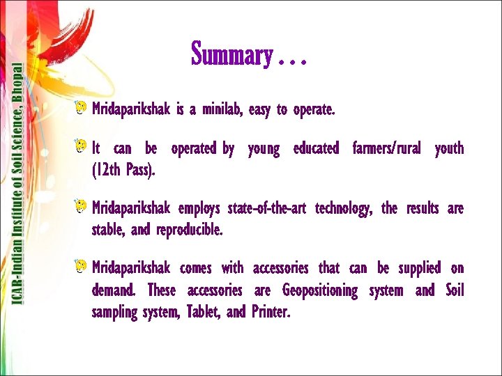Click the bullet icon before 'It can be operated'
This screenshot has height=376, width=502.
pos(82,147)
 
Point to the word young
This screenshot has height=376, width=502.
pos(264,149)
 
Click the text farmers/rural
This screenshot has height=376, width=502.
pos(387,149)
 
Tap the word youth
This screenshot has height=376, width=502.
pos(448,149)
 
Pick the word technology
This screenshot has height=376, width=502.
pos(344,209)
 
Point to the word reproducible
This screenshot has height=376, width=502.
pos(190,230)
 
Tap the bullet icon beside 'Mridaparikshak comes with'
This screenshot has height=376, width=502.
pos(82,267)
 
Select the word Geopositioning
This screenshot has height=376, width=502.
pos(319,290)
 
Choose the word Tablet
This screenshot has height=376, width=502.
pos(203,313)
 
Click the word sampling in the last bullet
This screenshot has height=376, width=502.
pos(114,313)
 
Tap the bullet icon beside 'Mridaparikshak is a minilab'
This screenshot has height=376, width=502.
pos(82,108)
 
